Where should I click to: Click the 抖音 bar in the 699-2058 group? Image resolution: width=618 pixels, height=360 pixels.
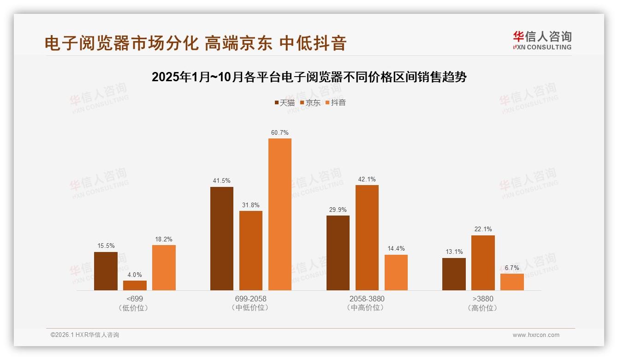280,214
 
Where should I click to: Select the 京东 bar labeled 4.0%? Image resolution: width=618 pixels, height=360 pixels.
135,285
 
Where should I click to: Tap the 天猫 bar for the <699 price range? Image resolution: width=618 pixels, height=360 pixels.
106,271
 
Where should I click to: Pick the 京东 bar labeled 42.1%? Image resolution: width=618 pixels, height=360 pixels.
367,237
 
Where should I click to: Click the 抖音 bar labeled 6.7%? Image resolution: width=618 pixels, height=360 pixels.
512,282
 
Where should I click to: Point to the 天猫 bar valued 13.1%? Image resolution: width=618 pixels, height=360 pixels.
454,274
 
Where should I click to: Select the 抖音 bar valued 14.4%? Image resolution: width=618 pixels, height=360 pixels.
396,272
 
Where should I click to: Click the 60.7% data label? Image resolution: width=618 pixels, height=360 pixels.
280,132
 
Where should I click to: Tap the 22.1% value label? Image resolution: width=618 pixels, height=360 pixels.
483,229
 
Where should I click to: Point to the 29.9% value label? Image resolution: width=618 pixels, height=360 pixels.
338,210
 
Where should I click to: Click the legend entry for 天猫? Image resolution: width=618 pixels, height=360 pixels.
284,102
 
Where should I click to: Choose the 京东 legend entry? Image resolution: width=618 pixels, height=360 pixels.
310,102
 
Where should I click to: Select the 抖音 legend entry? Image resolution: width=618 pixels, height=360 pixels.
335,102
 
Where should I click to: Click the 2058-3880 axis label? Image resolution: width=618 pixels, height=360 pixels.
367,299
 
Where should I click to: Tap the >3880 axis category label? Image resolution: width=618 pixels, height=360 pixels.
483,299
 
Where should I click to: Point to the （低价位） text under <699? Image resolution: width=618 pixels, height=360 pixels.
134,308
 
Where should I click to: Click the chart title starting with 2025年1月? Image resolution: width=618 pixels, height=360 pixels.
309,77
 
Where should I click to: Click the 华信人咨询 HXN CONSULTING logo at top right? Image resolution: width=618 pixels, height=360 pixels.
542,40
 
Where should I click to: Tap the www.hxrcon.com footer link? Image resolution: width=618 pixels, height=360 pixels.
536,335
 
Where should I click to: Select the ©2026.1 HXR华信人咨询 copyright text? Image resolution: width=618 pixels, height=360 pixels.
85,335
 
